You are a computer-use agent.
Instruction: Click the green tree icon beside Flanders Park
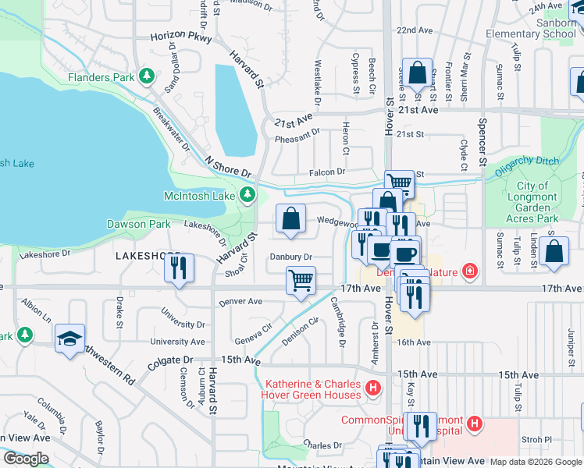145,76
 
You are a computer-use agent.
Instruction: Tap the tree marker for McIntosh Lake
247,194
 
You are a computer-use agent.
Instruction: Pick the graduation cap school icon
69,339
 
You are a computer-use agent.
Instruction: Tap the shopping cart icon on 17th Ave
301,279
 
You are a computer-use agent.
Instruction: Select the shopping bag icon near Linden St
554,251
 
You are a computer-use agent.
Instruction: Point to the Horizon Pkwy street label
182,36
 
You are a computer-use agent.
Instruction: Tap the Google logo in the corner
26,459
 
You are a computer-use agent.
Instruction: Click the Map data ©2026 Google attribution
536,462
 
